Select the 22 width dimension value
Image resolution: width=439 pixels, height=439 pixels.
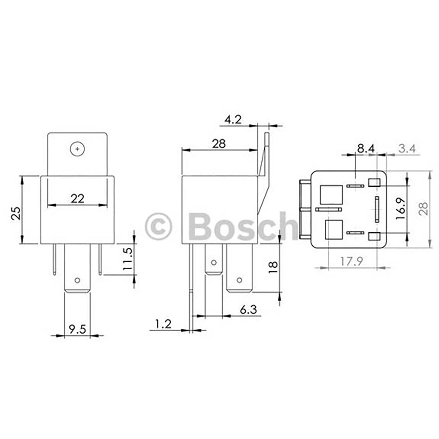click(77, 198)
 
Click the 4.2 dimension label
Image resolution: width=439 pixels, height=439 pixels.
click(233, 119)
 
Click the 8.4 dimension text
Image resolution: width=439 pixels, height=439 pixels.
click(365, 148)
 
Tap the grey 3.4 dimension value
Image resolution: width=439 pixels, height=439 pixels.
click(406, 148)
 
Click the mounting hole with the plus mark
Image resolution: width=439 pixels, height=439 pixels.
click(77, 149)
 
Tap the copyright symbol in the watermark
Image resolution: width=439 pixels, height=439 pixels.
click(158, 227)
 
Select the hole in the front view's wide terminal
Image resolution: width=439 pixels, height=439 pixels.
click(77, 281)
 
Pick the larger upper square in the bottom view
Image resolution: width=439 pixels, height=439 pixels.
click(331, 194)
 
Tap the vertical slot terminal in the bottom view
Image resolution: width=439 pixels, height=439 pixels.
click(376, 209)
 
